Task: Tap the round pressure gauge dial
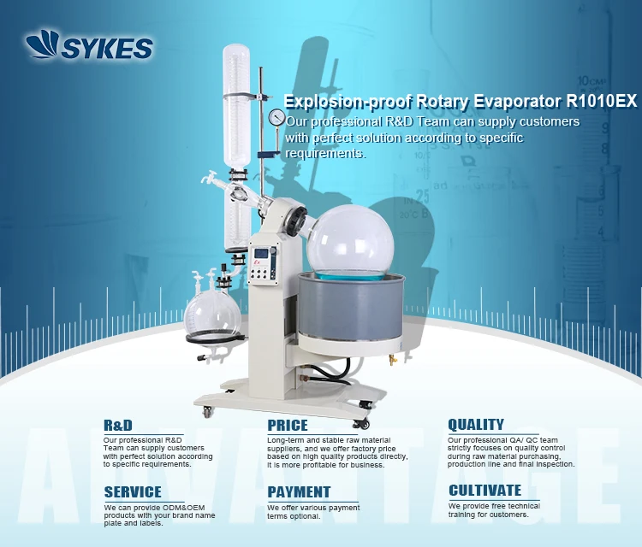tap(276, 117)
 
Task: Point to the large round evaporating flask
tap(350, 232)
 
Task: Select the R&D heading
tap(118, 425)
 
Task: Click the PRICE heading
tap(287, 425)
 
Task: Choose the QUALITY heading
tap(476, 425)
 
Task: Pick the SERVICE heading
tap(132, 491)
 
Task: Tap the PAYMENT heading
tap(299, 491)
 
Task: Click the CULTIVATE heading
tap(484, 491)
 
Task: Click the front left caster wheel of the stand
tap(207, 413)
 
